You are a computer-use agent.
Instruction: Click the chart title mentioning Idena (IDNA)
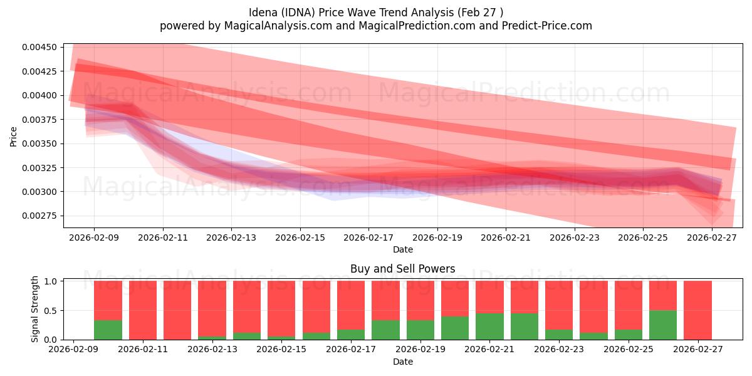click(x=375, y=12)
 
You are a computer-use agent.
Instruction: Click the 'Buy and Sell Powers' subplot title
click(x=402, y=269)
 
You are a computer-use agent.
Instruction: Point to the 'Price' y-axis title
click(x=14, y=136)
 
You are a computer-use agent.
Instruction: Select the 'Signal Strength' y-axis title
click(x=35, y=309)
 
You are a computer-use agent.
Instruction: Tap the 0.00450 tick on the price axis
click(x=39, y=47)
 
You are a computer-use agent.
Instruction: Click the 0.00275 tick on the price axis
click(x=39, y=216)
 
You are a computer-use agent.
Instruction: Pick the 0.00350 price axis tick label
click(x=39, y=144)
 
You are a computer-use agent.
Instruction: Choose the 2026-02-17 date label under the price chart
click(x=368, y=238)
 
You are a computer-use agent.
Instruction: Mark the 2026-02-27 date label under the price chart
click(x=713, y=238)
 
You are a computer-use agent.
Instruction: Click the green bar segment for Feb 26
click(x=663, y=325)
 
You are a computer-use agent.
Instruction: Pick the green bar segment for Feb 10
click(x=108, y=330)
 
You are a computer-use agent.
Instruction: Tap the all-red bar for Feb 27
click(x=697, y=310)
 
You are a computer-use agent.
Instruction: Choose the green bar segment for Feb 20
click(x=455, y=328)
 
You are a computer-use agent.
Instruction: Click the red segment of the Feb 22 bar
click(x=525, y=297)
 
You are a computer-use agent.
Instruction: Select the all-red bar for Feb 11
click(x=143, y=310)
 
